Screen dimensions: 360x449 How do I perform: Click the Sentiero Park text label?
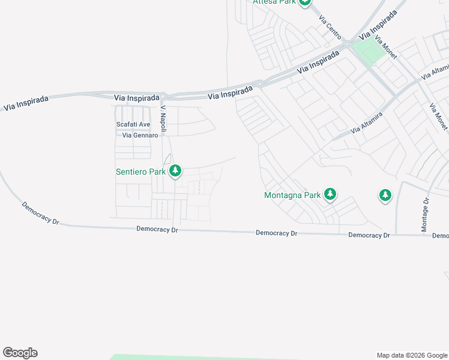[x=140, y=172]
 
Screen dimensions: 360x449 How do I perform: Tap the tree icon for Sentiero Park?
[x=175, y=171]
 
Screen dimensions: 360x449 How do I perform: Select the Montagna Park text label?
[x=292, y=195]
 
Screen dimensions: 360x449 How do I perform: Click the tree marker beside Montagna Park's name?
[x=330, y=194]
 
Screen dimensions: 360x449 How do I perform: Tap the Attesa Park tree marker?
[x=306, y=2]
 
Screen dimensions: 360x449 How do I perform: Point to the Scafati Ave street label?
[x=133, y=125]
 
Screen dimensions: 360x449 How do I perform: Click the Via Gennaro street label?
[x=140, y=136]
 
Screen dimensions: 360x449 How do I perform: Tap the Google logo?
[x=20, y=353]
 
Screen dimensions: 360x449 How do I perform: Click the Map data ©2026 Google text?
[x=411, y=355]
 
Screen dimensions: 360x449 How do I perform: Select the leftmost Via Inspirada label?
[x=25, y=103]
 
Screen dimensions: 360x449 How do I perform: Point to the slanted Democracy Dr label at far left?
[x=41, y=213]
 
